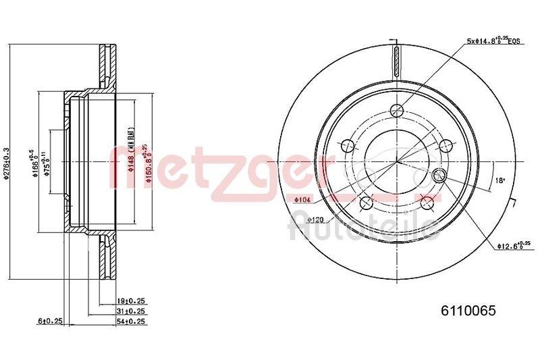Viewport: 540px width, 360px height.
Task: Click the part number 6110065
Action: click(468, 311)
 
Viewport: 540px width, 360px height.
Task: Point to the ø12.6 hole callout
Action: click(515, 247)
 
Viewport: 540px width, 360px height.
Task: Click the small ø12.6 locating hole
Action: click(438, 176)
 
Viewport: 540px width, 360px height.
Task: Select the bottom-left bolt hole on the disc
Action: click(367, 202)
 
